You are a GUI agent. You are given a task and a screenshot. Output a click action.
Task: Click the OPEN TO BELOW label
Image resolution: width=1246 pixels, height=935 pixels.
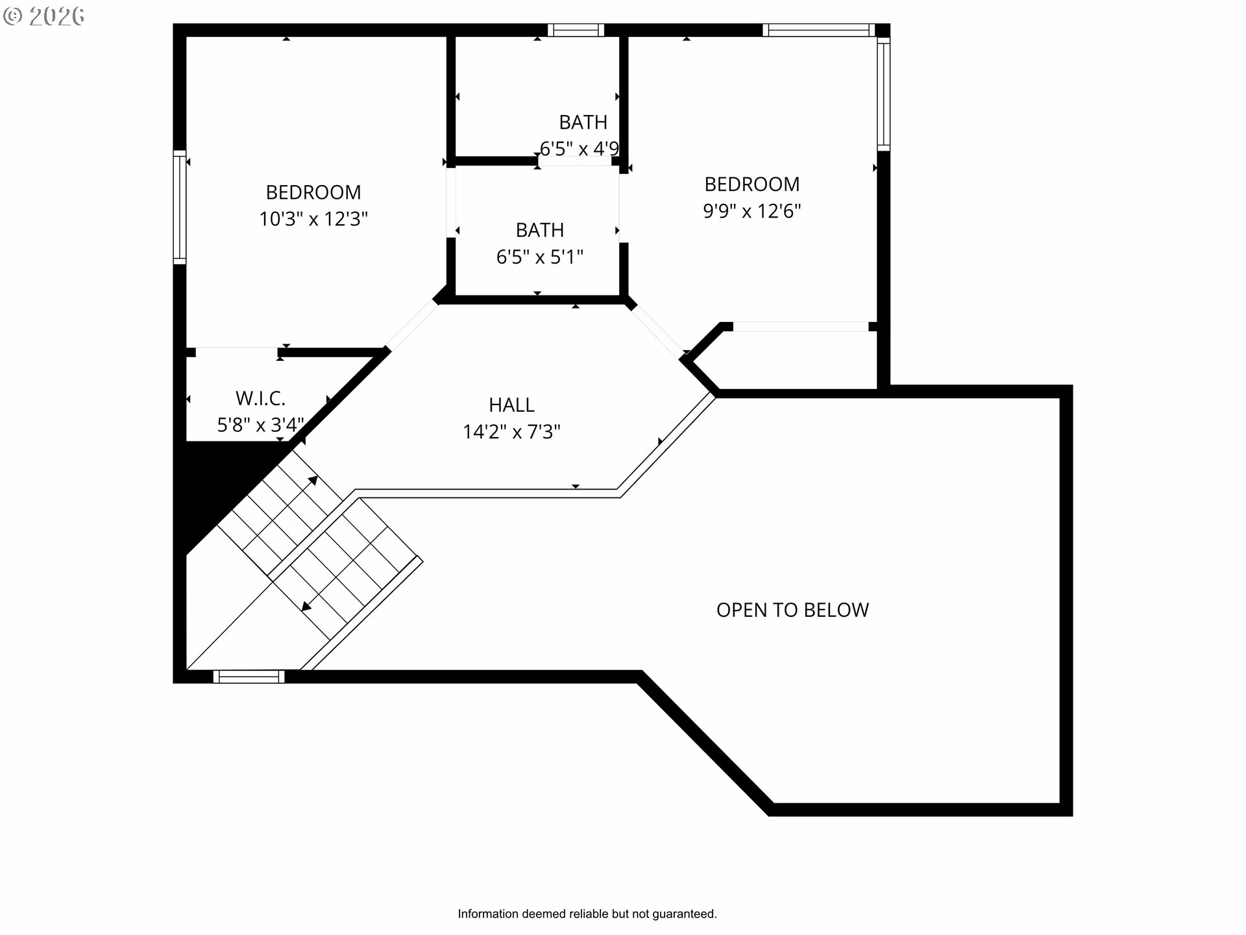[x=792, y=610]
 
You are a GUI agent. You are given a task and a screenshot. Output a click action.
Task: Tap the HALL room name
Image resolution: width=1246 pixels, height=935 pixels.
[x=511, y=405]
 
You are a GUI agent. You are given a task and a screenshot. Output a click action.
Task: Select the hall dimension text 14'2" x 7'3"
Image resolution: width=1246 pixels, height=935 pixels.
[x=511, y=432]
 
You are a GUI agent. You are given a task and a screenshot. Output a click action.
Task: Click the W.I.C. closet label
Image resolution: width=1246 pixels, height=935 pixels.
[x=260, y=398]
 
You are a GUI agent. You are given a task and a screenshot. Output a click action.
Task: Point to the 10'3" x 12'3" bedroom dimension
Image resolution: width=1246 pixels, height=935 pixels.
[x=313, y=219]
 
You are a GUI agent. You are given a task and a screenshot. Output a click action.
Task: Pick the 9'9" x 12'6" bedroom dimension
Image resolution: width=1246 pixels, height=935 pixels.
[x=752, y=211]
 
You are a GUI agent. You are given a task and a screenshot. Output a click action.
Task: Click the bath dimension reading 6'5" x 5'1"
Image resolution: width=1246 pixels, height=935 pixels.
[x=540, y=257]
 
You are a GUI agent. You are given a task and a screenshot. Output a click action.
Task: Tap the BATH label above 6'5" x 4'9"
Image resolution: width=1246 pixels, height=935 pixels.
[x=583, y=122]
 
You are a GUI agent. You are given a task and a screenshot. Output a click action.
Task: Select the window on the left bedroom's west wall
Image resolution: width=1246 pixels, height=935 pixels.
[x=180, y=207]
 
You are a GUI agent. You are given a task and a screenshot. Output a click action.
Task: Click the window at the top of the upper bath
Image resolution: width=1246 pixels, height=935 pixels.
[x=576, y=30]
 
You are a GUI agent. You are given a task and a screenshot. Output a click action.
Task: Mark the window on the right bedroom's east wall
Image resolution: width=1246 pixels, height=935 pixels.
[x=883, y=93]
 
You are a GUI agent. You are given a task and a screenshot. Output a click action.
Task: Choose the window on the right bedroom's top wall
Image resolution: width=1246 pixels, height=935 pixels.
[x=818, y=30]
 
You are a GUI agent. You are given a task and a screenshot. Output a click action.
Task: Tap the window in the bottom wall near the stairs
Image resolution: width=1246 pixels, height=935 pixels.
[x=249, y=677]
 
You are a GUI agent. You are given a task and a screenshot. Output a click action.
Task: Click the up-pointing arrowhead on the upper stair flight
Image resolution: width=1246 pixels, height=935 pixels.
[x=313, y=480]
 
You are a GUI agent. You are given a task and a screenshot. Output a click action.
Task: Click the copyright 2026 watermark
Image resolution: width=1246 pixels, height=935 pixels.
[x=44, y=16]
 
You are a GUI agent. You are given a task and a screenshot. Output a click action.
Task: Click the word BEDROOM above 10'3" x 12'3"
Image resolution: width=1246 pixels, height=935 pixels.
[x=313, y=192]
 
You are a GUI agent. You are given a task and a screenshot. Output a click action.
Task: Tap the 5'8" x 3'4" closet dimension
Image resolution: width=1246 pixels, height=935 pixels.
[x=260, y=425]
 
